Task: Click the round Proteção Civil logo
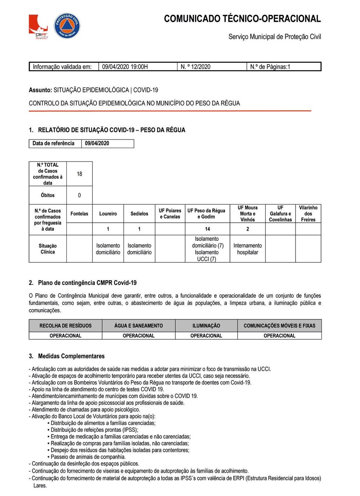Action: [67, 26]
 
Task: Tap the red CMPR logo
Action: [38, 26]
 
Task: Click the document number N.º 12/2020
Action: [195, 67]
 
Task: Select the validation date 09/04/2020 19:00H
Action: [125, 67]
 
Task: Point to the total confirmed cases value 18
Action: [79, 174]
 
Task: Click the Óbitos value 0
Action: [79, 195]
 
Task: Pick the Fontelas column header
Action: [79, 214]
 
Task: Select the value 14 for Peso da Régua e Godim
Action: [207, 229]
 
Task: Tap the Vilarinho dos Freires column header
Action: [308, 214]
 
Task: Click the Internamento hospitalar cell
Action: [248, 249]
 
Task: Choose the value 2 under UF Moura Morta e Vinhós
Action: [248, 229]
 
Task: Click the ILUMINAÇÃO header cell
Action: [206, 326]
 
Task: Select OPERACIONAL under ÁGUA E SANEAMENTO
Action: [138, 336]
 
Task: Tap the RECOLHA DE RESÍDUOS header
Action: [65, 326]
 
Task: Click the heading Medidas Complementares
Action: [71, 356]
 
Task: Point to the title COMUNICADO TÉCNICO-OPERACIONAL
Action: [242, 19]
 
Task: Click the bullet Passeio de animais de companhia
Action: [88, 457]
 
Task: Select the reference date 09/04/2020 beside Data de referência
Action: [97, 143]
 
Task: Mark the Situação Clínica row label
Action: [48, 249]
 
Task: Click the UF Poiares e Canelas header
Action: [170, 214]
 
